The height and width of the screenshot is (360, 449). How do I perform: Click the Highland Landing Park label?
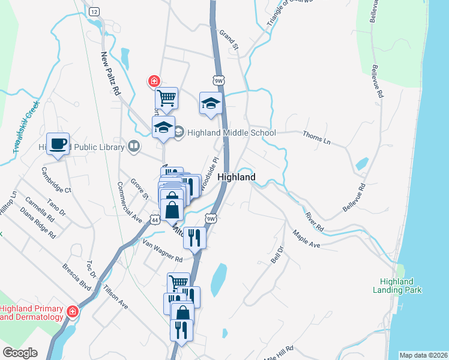pos(405,286)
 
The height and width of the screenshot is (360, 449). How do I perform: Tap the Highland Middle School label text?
pos(231,133)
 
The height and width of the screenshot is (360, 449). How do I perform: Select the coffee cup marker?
pos(58,144)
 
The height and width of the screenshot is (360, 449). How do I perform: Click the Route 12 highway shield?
pos(93,11)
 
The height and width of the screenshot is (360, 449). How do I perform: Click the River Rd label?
pos(314,221)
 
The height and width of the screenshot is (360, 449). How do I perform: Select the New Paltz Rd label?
pos(111,74)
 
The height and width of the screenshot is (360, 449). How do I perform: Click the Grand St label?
pos(229,40)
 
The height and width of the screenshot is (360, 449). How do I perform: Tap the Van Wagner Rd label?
pos(162,251)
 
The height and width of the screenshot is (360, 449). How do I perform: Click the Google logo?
pos(20,353)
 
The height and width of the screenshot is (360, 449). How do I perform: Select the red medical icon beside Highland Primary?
pos(73,311)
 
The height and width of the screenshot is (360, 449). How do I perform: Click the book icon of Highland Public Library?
pos(134,146)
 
